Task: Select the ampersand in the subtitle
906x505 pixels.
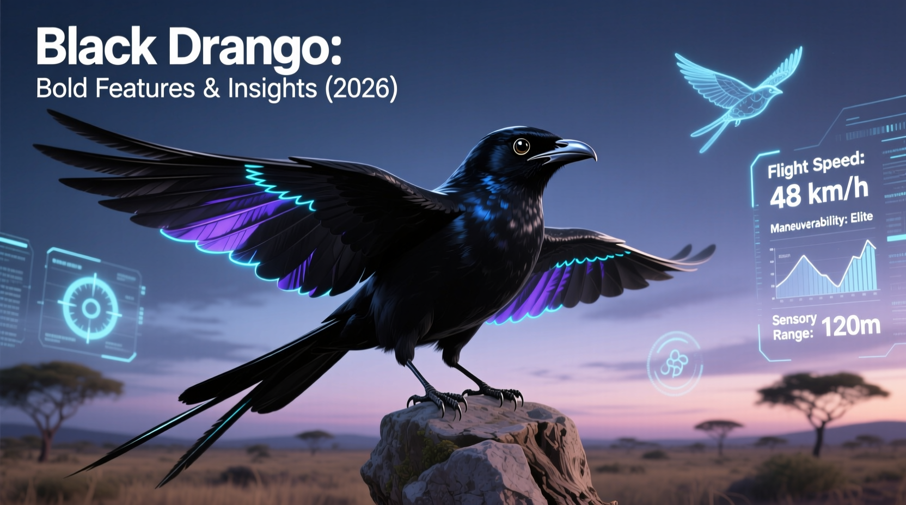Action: tap(211, 88)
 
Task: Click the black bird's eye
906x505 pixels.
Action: tap(521, 145)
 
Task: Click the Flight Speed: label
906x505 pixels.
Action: tap(816, 165)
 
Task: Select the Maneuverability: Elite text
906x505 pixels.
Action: tap(821, 222)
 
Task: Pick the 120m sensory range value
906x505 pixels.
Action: tap(850, 325)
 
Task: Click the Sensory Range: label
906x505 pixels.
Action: tap(793, 327)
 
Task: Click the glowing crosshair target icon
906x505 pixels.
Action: tap(90, 308)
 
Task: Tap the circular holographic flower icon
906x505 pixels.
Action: tap(674, 363)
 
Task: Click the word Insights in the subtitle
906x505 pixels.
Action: tap(272, 88)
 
